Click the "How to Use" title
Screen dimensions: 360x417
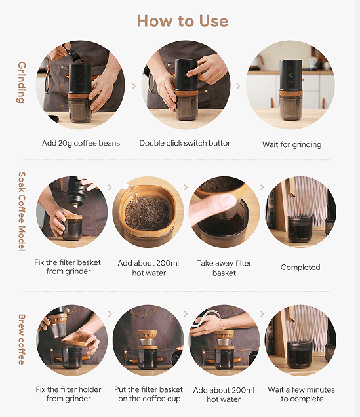[x=183, y=21]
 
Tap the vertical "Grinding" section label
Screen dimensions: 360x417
[x=22, y=82]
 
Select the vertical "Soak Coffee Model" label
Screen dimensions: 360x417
[x=22, y=211]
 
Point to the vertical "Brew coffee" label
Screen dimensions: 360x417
[x=22, y=340]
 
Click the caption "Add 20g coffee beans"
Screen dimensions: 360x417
[x=81, y=143]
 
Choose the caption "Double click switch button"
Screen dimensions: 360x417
[x=186, y=143]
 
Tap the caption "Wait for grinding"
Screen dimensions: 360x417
[x=292, y=144]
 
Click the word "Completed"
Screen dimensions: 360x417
[x=300, y=268]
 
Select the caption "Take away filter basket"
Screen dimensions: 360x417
[x=224, y=268]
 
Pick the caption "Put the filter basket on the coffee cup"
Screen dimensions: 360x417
[x=149, y=394]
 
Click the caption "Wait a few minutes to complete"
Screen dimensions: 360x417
[x=301, y=394]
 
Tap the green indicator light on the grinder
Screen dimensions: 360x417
[x=290, y=75]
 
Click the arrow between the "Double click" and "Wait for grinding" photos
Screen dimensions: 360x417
[x=238, y=86]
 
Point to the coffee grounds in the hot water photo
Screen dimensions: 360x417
[x=147, y=213]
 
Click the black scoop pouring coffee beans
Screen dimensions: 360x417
[x=73, y=54]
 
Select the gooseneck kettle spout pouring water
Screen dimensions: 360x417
[x=209, y=317]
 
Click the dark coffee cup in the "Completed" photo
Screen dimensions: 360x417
[x=300, y=229]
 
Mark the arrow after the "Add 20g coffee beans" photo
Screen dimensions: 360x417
[x=134, y=86]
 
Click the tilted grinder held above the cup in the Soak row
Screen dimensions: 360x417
[x=77, y=191]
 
